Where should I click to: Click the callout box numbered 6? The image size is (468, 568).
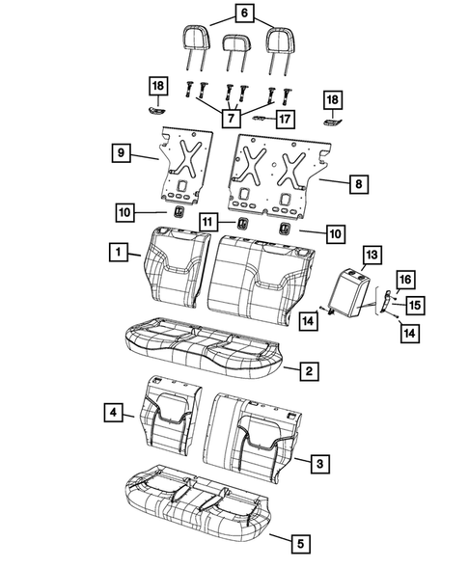(243, 14)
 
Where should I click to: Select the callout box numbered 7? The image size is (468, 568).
(231, 118)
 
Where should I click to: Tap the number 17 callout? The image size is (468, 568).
(286, 119)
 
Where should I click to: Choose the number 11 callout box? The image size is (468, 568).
(208, 222)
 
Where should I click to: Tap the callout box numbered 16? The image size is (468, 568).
(405, 280)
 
